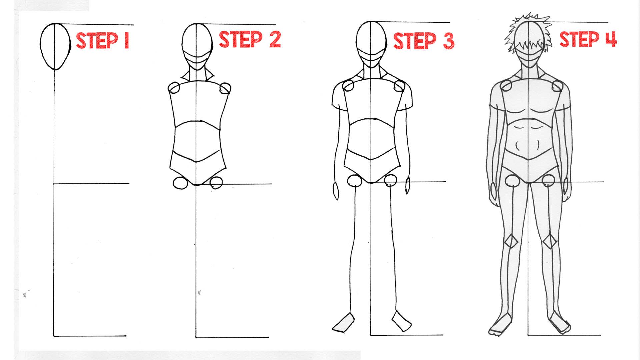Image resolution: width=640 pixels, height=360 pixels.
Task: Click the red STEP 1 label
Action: point(102,41)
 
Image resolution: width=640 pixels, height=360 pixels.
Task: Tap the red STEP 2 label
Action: point(250,40)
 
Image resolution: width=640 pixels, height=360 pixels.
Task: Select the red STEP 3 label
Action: point(424,41)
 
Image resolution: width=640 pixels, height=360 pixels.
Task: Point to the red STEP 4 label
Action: point(588,39)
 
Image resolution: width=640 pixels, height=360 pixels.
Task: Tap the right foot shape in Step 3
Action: point(402,321)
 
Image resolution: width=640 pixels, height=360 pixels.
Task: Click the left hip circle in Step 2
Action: point(180,183)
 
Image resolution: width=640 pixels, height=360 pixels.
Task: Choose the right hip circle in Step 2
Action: point(216,183)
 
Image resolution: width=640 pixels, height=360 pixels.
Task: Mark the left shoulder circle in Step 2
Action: point(174,88)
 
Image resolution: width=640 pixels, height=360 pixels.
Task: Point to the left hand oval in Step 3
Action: point(336,191)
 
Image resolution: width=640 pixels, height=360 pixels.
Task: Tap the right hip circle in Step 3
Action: point(391,181)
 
